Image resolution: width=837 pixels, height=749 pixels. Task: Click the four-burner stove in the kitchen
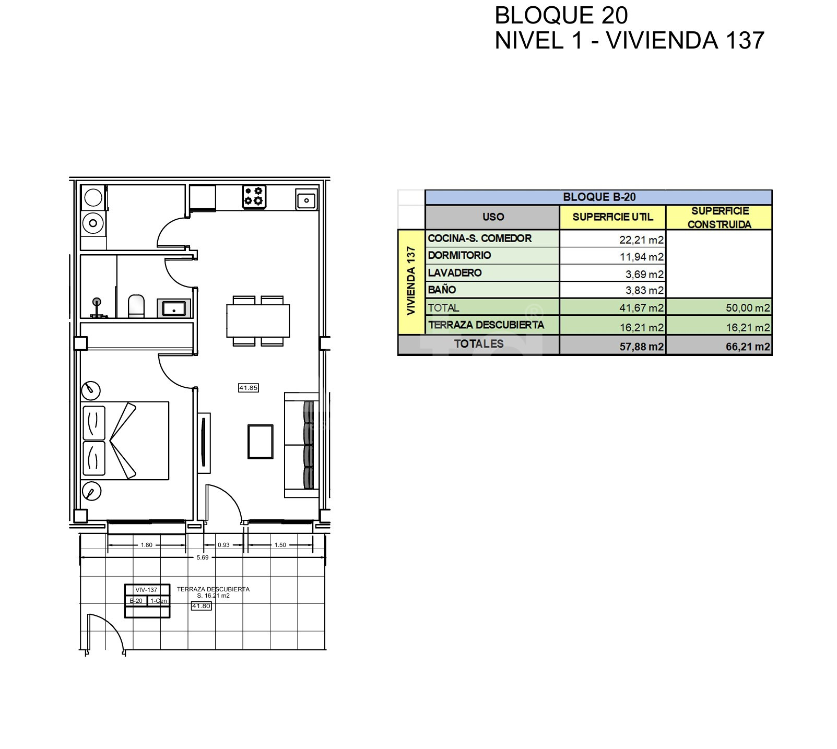pos(254,197)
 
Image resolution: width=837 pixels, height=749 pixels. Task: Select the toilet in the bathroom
pos(136,306)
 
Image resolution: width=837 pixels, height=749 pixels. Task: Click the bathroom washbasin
pos(174,308)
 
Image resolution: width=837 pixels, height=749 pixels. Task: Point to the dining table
pos(258,321)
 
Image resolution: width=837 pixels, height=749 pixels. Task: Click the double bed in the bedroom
pos(125,441)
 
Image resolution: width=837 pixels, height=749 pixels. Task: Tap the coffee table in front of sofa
pos(260,442)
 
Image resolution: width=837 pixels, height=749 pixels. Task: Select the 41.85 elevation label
pos(249,388)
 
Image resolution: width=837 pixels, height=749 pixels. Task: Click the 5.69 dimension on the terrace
pos(203,557)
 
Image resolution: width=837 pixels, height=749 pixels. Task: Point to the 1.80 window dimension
pos(147,545)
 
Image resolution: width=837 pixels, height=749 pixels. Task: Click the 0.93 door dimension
pos(223,545)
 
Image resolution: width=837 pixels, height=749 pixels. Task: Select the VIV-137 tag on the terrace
pos(146,590)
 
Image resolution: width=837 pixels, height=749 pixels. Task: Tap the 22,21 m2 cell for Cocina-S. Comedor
pos(641,240)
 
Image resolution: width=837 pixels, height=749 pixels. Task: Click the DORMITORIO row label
pos(459,255)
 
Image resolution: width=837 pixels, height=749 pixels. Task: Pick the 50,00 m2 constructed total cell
pos(748,308)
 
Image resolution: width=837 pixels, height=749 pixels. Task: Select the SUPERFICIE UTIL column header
pos(612,217)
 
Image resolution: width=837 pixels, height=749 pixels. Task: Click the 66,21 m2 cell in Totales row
pos(748,347)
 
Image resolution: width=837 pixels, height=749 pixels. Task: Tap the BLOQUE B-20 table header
pos(599,197)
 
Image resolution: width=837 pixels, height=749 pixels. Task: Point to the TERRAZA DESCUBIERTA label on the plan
pos(213,589)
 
